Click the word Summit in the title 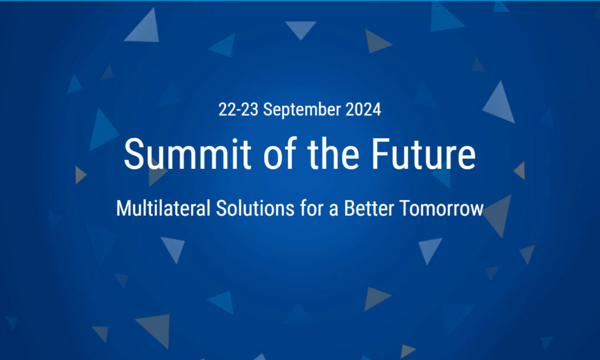click(187, 154)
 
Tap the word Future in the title click(424, 154)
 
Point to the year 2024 click(363, 110)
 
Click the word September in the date click(302, 110)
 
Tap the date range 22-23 click(238, 110)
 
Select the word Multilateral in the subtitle click(163, 208)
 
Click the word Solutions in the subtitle click(255, 208)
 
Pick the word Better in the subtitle click(369, 208)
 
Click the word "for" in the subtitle click(310, 208)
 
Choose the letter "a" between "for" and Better click(333, 210)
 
